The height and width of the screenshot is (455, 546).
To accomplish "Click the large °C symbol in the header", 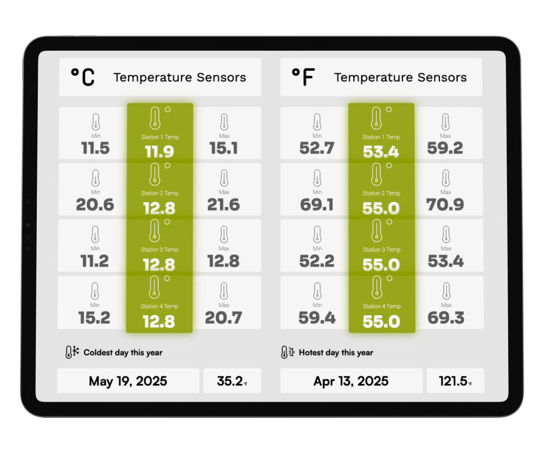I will pos(83,77).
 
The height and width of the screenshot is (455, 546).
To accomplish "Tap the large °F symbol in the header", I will pos(303,77).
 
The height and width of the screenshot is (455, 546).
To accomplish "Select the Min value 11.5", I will pos(95,148).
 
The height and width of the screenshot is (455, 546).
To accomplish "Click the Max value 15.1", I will pos(224,148).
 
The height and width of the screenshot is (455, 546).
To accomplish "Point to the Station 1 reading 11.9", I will pos(159,152).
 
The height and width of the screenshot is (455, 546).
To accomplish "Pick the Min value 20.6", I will pos(95,205).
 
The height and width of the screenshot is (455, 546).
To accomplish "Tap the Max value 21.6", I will pos(224,205).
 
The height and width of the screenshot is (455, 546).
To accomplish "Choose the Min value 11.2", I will pos(95,261).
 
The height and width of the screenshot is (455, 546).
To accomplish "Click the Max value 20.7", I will pos(224,318).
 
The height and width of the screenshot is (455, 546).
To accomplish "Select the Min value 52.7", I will pos(317,148).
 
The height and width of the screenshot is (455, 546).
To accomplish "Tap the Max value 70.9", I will pos(445,205).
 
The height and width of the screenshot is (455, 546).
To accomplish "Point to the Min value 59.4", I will pos(317,318).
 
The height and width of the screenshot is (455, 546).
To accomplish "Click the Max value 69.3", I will pos(445,318).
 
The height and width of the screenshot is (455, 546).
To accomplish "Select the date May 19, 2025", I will pos(128,381).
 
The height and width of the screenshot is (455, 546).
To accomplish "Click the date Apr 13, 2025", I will pos(351,381).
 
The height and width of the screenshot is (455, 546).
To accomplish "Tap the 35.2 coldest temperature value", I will pos(230,381).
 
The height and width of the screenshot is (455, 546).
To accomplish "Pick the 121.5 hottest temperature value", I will pos(453,381).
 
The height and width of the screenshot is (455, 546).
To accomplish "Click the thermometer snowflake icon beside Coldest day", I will pos(72,352).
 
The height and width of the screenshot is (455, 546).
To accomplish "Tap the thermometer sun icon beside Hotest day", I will pos(287,352).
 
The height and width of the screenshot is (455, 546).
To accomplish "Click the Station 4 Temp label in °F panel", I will pos(381,306).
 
